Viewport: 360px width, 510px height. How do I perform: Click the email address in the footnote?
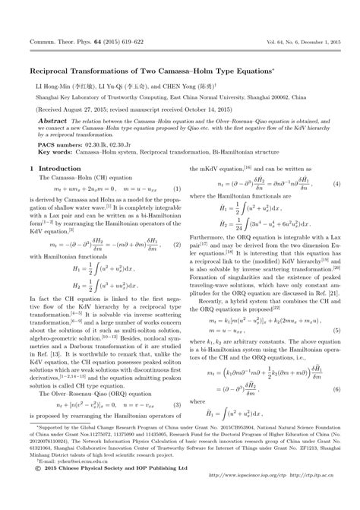click(x=73, y=481)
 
